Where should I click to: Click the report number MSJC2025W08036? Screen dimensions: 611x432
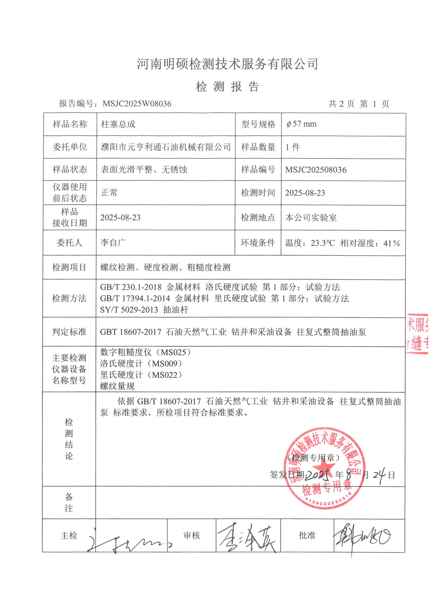[x=137, y=103]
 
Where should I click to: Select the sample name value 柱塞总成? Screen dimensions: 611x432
[x=118, y=124]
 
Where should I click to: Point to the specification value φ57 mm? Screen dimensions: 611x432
[x=301, y=124]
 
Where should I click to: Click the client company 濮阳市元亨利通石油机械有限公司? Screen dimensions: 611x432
[x=165, y=147]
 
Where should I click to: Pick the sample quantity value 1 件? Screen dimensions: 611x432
[x=292, y=147]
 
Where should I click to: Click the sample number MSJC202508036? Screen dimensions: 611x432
[x=316, y=170]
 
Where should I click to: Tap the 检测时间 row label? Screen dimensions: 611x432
[x=258, y=193]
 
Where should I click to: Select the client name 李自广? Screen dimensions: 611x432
[x=113, y=243]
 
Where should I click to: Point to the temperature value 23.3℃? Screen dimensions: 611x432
[x=322, y=243]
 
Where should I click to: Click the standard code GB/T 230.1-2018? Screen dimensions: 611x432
[x=131, y=287]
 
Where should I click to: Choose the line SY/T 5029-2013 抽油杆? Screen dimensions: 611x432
[x=144, y=309]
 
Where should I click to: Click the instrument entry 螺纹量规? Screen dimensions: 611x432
[x=117, y=386]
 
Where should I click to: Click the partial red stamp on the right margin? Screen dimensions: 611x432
[x=417, y=334]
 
